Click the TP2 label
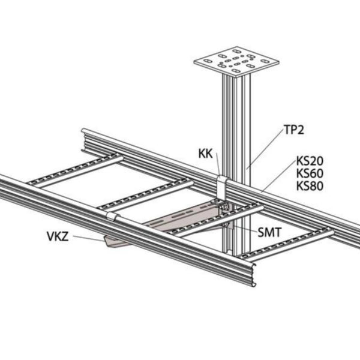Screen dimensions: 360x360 [x=294, y=130]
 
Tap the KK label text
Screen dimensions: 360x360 [x=205, y=154]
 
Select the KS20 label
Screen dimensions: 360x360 [x=310, y=161]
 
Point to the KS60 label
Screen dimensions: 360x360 [x=310, y=173]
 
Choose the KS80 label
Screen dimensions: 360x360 [x=310, y=186]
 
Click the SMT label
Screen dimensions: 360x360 [x=269, y=233]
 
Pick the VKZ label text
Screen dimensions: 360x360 [x=58, y=236]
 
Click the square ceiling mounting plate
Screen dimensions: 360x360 [x=236, y=61]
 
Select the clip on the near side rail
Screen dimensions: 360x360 [x=113, y=216]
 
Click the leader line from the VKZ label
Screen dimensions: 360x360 [x=89, y=238]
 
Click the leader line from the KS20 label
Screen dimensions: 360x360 [x=280, y=176]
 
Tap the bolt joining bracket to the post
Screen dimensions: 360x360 [x=224, y=206]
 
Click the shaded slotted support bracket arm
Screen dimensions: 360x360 [x=181, y=218]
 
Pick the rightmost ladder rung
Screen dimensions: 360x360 [x=286, y=245]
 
